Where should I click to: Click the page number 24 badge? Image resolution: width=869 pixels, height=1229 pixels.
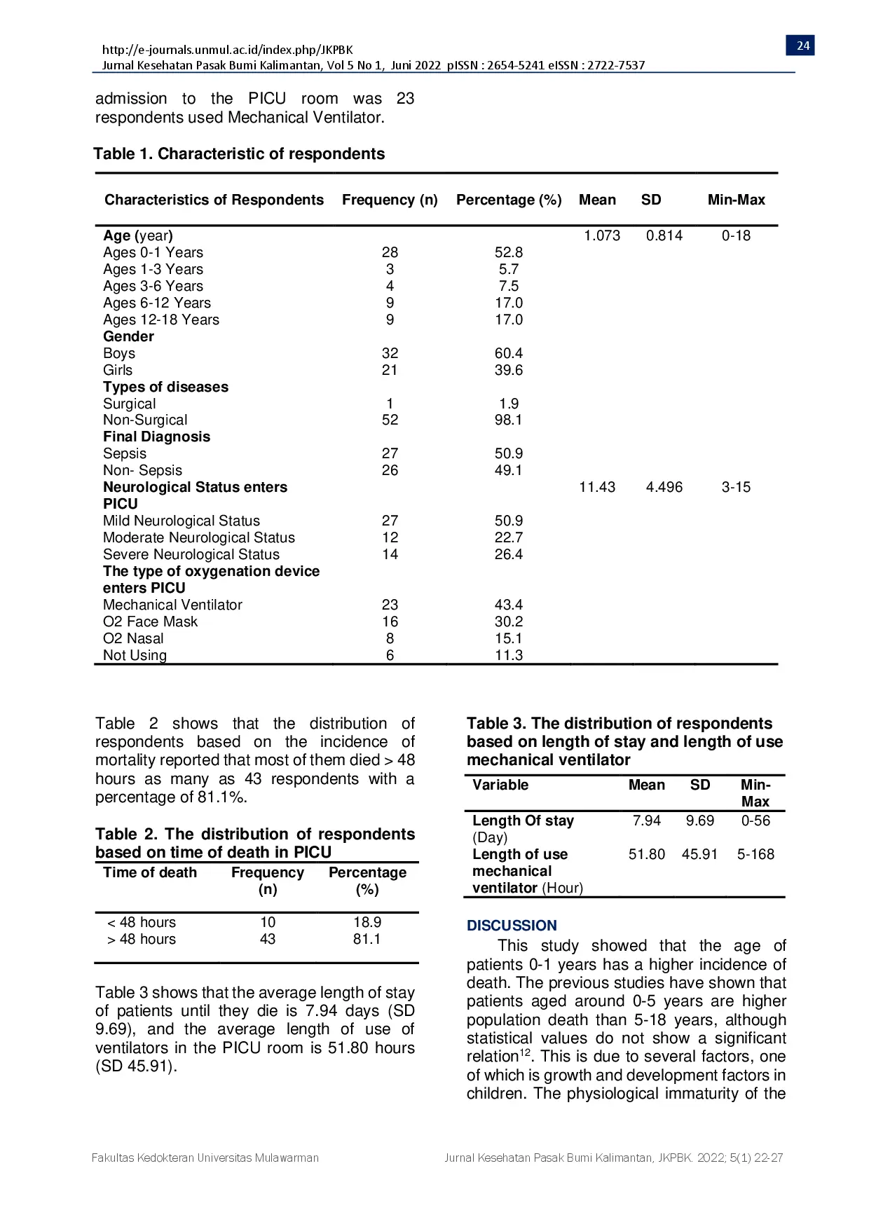coord(802,46)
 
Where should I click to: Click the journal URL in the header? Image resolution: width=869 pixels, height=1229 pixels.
coord(227,50)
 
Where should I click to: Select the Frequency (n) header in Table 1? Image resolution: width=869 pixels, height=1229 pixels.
coord(390,200)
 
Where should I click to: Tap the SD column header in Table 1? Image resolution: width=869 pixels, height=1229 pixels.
coord(651,200)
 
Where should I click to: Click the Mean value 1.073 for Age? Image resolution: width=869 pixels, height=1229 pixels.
coord(602,235)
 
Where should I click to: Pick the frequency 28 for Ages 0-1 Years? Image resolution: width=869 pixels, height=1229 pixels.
coord(390,252)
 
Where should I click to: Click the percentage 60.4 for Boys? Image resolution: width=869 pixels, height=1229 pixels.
coord(508,353)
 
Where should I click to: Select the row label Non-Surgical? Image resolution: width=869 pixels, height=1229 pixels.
coord(145,420)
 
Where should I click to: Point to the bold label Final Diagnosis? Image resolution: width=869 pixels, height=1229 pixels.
coord(156,437)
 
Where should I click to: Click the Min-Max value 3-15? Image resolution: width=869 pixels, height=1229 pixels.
coord(736,487)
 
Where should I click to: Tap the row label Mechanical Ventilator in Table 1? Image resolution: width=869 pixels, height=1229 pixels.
coord(172,605)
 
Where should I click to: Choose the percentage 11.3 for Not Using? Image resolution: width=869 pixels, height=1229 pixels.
coord(508,655)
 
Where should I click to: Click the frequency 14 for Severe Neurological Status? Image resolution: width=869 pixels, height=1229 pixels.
coord(390,554)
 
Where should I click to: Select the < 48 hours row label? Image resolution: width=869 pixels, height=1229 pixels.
coord(142,922)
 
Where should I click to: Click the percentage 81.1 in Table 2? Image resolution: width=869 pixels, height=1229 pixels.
coord(367,939)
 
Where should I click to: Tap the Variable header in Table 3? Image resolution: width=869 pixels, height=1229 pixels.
coord(500,785)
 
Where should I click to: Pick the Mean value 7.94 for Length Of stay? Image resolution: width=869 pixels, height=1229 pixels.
coord(646,821)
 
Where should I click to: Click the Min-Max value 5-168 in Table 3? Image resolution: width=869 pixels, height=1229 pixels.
coord(755,854)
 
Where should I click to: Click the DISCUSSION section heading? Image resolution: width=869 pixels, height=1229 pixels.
coord(512,926)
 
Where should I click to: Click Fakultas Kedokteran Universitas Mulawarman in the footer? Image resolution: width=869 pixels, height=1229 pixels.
coord(205,1158)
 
